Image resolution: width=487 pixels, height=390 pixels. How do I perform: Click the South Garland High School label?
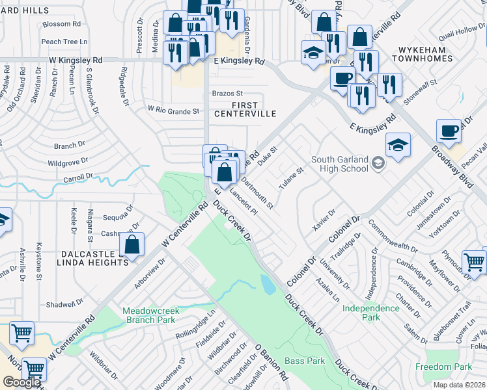[339, 164]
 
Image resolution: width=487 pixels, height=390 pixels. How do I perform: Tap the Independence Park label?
[370, 313]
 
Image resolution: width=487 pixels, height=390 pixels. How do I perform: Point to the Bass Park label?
[305, 360]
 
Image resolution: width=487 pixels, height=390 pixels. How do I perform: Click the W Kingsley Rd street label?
[76, 60]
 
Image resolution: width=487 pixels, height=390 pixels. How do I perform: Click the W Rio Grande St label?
[173, 110]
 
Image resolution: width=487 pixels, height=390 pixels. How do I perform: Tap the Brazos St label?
[227, 94]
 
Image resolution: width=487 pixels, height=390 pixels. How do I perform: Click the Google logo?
[21, 382]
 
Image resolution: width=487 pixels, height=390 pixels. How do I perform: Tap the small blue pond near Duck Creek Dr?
[267, 284]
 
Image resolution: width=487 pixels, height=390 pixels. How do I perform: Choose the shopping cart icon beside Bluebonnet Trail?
[475, 263]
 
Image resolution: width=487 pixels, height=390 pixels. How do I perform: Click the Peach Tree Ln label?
[64, 42]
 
